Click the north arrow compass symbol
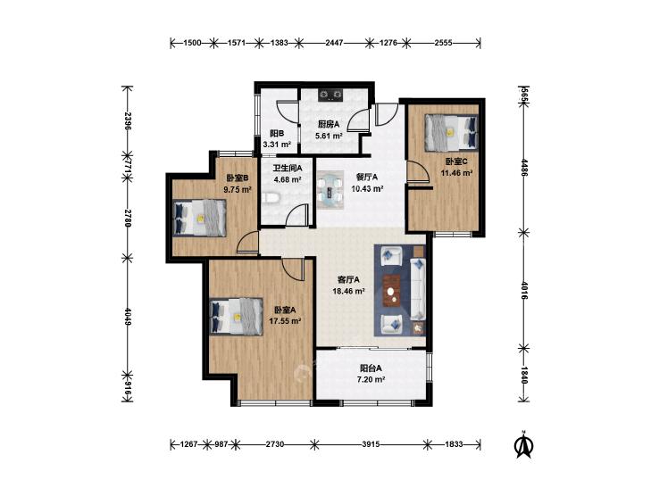click(x=524, y=443)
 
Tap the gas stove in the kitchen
click(x=331, y=95)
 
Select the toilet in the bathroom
click(x=271, y=197)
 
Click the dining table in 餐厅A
click(x=330, y=191)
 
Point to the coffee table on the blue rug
click(x=391, y=291)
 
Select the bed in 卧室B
click(x=200, y=218)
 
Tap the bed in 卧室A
click(x=237, y=317)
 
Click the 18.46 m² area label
click(x=349, y=291)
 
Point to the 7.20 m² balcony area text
click(x=371, y=379)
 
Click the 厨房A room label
click(x=329, y=124)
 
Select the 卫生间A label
click(x=288, y=169)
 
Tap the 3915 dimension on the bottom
click(x=371, y=444)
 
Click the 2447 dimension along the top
click(x=334, y=42)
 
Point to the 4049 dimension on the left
click(x=128, y=317)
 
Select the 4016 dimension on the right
click(x=524, y=291)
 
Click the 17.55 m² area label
click(x=285, y=320)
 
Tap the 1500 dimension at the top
click(x=192, y=42)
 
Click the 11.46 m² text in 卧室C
click(x=456, y=173)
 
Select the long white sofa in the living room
click(x=418, y=288)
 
